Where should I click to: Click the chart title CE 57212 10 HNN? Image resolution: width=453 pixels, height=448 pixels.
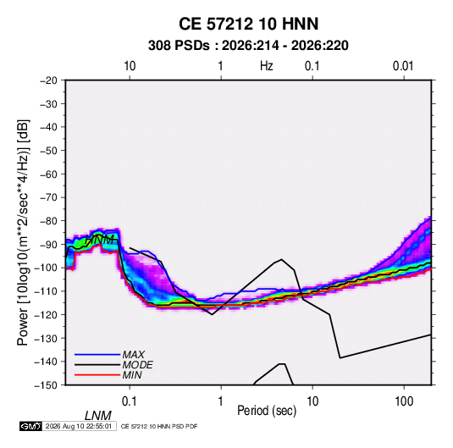point(248,24)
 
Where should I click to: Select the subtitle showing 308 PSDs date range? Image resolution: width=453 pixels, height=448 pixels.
point(248,46)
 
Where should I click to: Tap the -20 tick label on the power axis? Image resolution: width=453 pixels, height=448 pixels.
point(48,80)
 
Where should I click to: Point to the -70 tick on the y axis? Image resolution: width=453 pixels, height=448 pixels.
point(48,197)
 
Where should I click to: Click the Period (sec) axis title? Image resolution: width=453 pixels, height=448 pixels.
point(267,411)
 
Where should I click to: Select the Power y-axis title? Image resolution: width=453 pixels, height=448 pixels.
point(23,233)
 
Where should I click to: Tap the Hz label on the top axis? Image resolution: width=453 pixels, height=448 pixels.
point(267,66)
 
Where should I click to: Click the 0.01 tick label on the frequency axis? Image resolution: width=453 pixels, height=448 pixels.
point(403,66)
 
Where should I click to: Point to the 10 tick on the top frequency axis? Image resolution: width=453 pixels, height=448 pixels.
point(130,66)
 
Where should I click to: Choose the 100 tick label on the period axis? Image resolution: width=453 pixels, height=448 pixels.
point(404,401)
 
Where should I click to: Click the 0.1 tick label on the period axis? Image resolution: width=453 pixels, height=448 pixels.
point(129,401)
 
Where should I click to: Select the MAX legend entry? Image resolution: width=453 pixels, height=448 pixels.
point(133,354)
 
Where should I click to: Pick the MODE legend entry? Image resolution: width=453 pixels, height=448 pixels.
point(137,365)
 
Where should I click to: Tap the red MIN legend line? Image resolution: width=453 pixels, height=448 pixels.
point(97,375)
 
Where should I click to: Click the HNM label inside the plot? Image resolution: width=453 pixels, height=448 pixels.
point(100,240)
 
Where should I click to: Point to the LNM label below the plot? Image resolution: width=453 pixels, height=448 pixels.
point(98,416)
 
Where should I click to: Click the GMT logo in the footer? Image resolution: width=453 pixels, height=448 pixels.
point(30,426)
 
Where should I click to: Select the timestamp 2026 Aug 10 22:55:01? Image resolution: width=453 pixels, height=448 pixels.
point(79,426)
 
